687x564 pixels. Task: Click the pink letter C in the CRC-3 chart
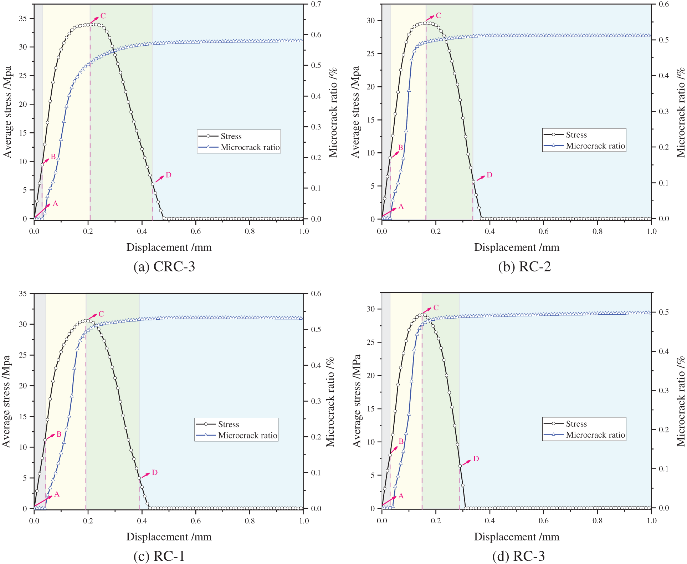pyautogui.click(x=103, y=16)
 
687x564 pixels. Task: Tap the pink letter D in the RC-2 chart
pyautogui.click(x=489, y=175)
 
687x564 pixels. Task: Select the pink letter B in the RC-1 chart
pyautogui.click(x=59, y=434)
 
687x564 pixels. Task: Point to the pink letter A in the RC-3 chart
pyautogui.click(x=401, y=496)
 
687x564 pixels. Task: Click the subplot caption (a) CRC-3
pyautogui.click(x=164, y=266)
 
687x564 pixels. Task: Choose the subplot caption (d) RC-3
pyautogui.click(x=518, y=556)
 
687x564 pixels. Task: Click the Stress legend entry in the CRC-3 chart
pyautogui.click(x=231, y=136)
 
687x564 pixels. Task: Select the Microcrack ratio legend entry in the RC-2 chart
pyautogui.click(x=595, y=146)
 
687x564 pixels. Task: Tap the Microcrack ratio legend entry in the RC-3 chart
pyautogui.click(x=595, y=435)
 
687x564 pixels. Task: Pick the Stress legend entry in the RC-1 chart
pyautogui.click(x=229, y=425)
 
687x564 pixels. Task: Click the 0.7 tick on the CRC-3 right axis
pyautogui.click(x=316, y=4)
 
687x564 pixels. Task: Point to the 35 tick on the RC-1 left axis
pyautogui.click(x=23, y=294)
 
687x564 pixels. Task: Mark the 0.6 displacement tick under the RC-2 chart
pyautogui.click(x=543, y=231)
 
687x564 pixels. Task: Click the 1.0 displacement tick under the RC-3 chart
pyautogui.click(x=651, y=520)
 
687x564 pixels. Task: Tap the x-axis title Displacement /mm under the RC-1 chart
pyautogui.click(x=169, y=537)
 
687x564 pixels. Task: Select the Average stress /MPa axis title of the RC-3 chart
pyautogui.click(x=357, y=401)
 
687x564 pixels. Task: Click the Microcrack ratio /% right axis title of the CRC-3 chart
pyautogui.click(x=333, y=112)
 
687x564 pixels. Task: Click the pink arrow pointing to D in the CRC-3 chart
pyautogui.click(x=159, y=179)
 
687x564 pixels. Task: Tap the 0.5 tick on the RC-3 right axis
pyautogui.click(x=663, y=312)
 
